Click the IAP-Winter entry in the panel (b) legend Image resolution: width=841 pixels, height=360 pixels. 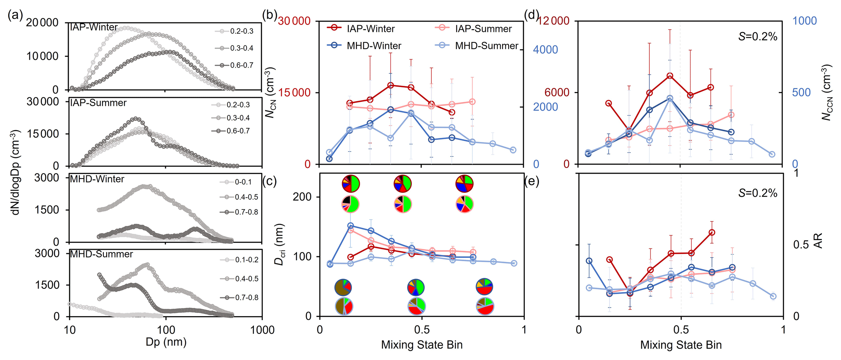[370, 29]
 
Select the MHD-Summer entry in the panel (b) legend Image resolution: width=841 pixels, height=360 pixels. [486, 46]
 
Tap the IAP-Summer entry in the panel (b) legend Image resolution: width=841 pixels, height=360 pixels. [483, 29]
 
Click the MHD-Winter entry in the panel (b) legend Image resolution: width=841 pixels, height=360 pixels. [374, 46]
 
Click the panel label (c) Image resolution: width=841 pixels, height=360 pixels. [270, 181]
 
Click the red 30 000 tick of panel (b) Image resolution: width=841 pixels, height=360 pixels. [294, 21]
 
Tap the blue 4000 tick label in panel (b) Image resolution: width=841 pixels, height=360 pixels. [545, 50]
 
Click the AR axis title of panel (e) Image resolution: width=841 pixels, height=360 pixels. [818, 241]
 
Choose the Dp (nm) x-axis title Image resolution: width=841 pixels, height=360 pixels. [166, 343]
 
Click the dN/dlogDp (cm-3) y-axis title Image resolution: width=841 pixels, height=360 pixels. [15, 172]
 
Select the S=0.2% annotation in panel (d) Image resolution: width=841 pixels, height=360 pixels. [758, 37]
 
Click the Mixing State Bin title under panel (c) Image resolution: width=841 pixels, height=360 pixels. [422, 345]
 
